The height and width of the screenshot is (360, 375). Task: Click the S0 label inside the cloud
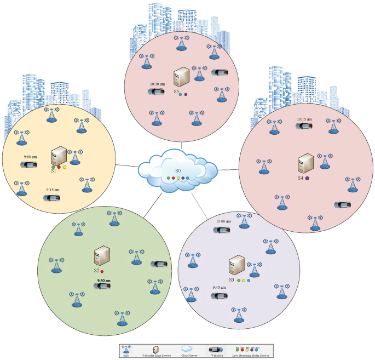pyautogui.click(x=178, y=171)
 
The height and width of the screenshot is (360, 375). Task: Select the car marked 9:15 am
pyautogui.click(x=53, y=198)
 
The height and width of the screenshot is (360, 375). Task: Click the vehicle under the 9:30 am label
pyautogui.click(x=103, y=286)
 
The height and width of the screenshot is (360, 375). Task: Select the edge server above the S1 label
pyautogui.click(x=58, y=156)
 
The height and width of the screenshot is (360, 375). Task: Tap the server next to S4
pyautogui.click(x=305, y=163)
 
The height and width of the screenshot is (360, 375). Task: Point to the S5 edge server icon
pyautogui.click(x=181, y=78)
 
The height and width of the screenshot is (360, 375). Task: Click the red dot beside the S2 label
pyautogui.click(x=102, y=272)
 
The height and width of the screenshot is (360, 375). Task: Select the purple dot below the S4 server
pyautogui.click(x=307, y=179)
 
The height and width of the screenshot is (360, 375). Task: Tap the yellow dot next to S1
pyautogui.click(x=65, y=167)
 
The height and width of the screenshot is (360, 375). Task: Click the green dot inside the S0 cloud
pyautogui.click(x=169, y=178)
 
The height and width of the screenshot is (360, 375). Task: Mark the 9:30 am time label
pyautogui.click(x=103, y=280)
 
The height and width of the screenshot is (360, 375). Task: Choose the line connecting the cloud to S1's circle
pyautogui.click(x=129, y=165)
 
